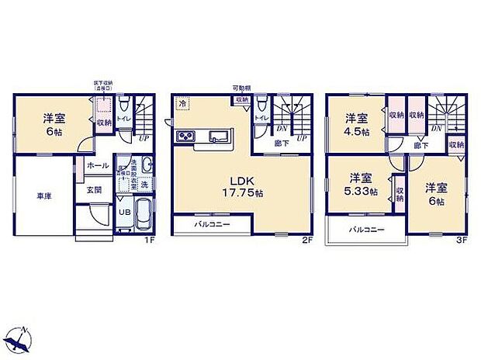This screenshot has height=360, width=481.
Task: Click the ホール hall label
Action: (97, 165)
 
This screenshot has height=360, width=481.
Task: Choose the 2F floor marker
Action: (306, 241)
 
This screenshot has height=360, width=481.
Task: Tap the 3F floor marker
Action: (461, 241)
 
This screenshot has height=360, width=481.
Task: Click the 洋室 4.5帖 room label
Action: (356, 123)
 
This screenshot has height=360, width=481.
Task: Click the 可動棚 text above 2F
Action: (240, 88)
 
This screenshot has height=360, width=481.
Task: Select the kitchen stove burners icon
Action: (189, 137)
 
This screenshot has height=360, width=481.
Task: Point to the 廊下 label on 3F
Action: (420, 145)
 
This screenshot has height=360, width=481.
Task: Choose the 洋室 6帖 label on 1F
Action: (53, 123)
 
